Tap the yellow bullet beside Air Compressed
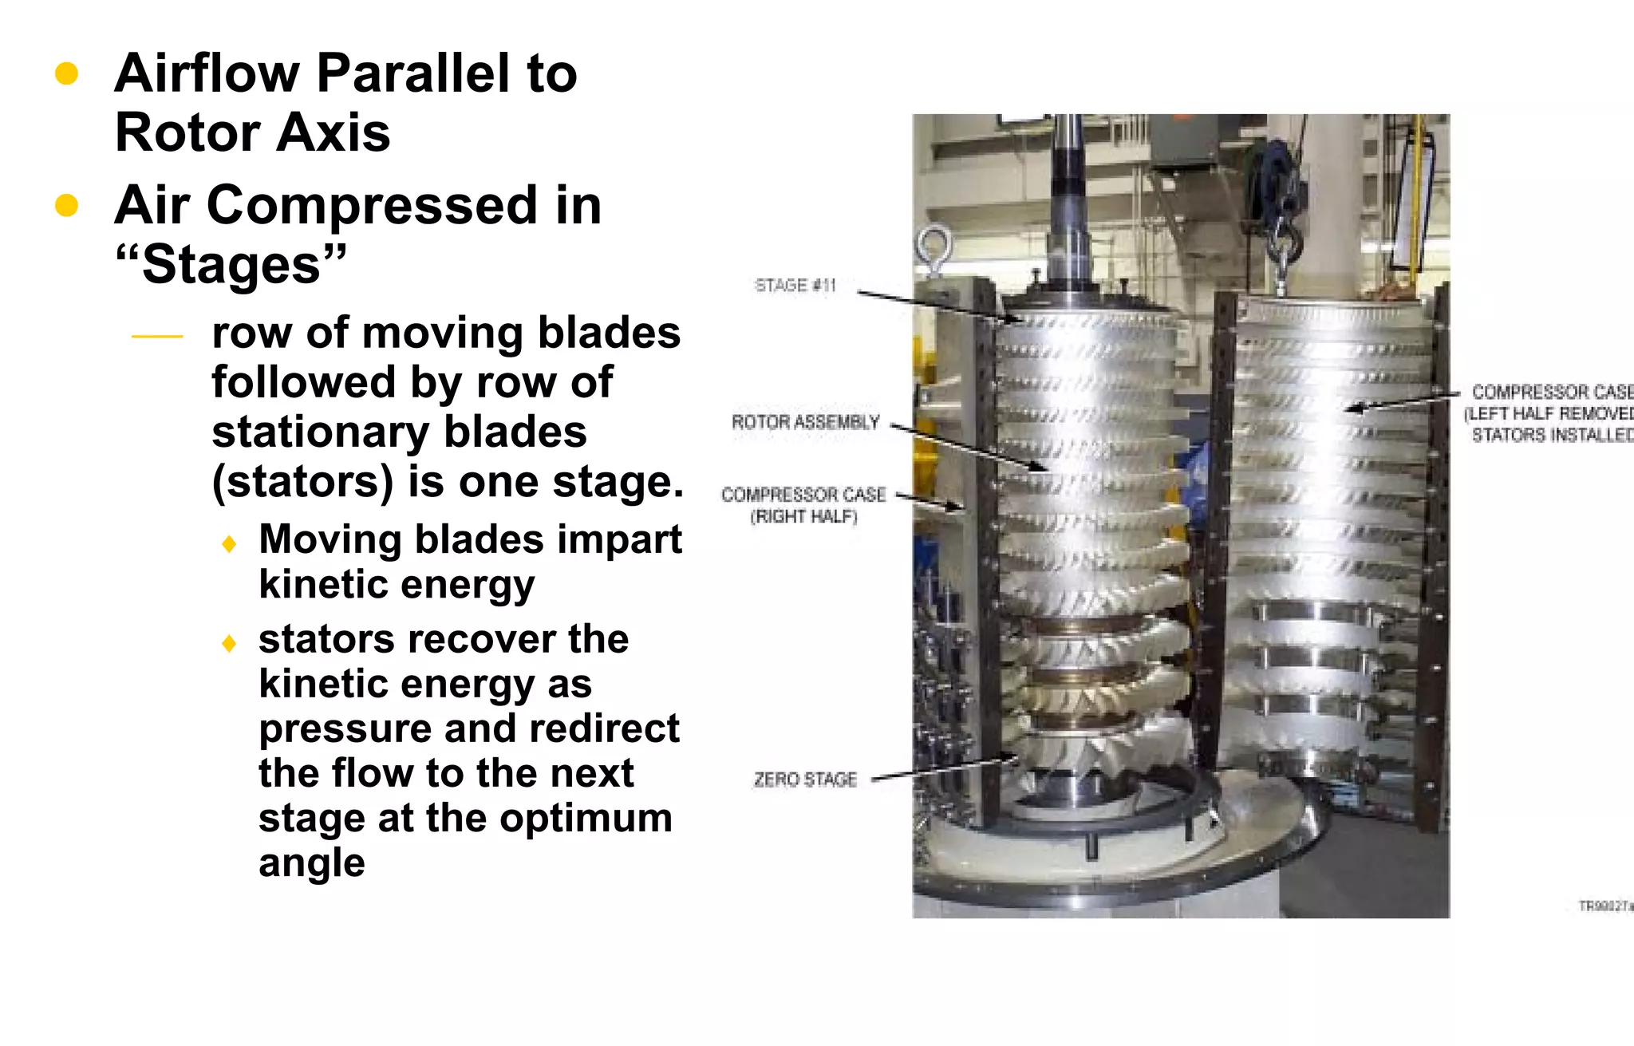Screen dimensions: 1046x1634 point(66,205)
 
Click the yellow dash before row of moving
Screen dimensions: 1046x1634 point(157,337)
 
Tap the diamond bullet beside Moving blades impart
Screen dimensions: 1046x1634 point(230,544)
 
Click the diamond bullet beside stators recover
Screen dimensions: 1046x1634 point(230,643)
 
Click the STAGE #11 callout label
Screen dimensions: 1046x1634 point(795,286)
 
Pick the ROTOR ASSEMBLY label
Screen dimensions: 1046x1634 point(805,422)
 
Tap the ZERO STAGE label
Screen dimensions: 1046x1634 point(804,780)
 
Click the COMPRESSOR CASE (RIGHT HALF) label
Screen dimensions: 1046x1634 point(803,505)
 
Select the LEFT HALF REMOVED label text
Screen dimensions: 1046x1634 point(1548,413)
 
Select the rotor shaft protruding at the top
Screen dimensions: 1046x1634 point(1068,199)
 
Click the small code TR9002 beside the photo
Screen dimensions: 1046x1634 point(1604,906)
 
